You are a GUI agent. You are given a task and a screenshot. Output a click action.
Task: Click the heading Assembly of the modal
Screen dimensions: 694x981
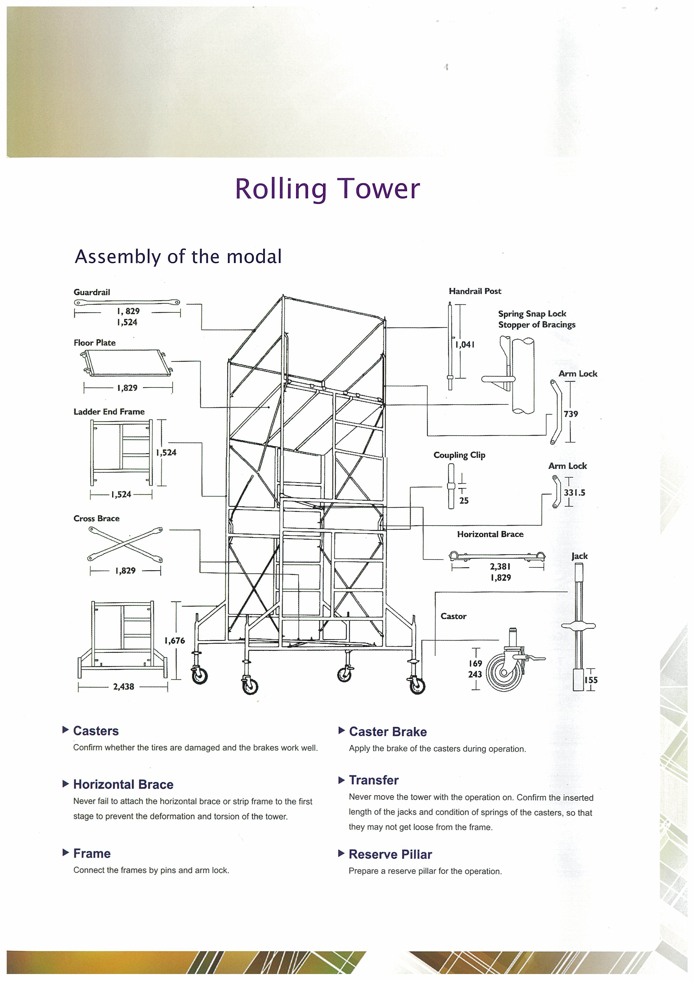coord(178,257)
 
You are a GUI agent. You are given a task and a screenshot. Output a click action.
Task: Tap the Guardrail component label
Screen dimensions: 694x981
coord(92,292)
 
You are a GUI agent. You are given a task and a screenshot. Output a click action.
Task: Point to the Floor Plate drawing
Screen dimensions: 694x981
coord(127,363)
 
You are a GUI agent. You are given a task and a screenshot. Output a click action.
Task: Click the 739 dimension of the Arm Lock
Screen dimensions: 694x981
coord(571,414)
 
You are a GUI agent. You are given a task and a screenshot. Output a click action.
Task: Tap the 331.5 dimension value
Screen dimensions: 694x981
coord(574,493)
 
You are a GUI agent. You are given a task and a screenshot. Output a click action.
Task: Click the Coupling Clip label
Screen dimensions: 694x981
coord(459,455)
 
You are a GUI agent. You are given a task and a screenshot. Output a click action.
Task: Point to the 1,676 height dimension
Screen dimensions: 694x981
coord(175,641)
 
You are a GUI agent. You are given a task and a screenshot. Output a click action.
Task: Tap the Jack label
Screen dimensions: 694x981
coord(579,556)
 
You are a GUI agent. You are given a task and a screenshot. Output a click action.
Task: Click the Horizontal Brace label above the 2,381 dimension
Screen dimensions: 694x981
coord(490,534)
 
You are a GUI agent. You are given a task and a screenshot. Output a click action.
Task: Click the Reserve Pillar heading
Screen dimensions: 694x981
coord(390,854)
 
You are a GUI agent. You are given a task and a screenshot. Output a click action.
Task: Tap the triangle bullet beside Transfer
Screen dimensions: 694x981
coord(341,780)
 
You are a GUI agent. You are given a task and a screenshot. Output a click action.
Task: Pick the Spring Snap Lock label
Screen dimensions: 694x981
coord(532,314)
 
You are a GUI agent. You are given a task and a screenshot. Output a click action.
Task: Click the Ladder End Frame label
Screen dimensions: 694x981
coord(109,411)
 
